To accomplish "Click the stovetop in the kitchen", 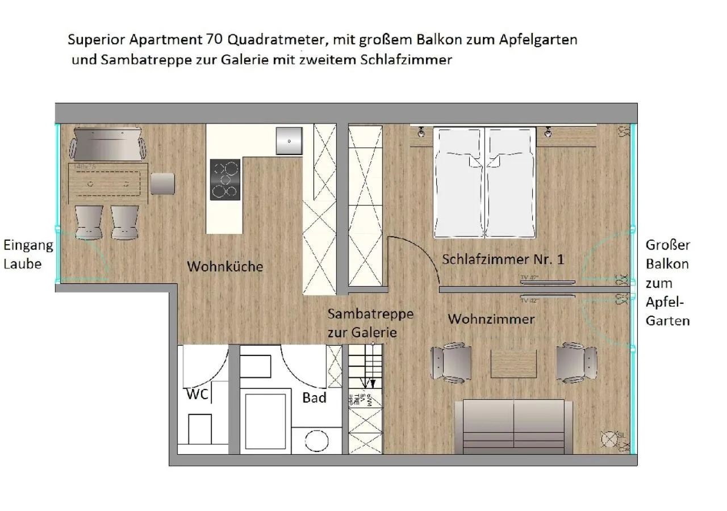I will [225, 179].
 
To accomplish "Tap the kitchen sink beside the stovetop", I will [289, 141].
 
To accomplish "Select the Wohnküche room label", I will [225, 266].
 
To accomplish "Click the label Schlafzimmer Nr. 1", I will [503, 259].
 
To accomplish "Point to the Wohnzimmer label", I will [491, 319].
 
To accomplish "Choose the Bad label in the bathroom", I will [314, 397].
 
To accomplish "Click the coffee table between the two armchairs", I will [513, 363].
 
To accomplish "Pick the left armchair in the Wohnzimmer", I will [451, 362].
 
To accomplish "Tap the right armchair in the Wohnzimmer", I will [576, 362].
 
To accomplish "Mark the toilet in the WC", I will [200, 429].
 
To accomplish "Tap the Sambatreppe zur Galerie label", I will [370, 323].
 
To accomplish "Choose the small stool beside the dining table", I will [162, 183].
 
